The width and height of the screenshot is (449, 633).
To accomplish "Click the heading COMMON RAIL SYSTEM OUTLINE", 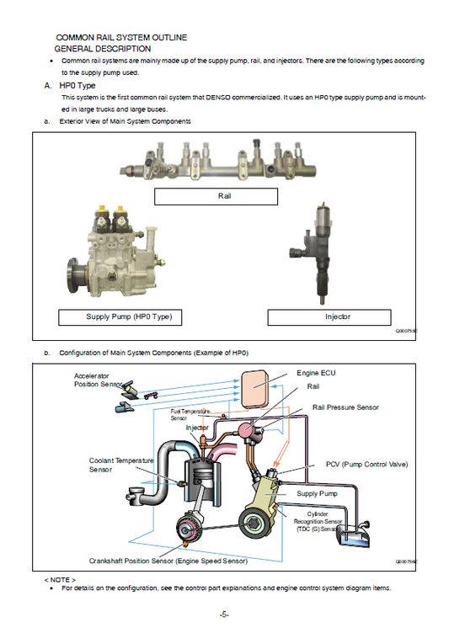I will [121, 38].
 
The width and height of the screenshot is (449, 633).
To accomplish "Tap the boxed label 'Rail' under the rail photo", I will [216, 196].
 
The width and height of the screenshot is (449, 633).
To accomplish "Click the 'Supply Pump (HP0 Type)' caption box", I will [121, 317].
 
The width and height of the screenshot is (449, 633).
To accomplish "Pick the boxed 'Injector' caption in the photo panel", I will [329, 317].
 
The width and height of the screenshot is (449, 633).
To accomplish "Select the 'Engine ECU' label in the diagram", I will [317, 372].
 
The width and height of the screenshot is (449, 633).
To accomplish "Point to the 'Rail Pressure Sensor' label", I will [345, 407].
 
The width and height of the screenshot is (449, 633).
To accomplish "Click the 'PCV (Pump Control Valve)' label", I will [366, 465].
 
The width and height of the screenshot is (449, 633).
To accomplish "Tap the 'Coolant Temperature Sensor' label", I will [121, 465].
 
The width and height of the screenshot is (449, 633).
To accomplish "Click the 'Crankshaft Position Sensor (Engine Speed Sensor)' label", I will [168, 560].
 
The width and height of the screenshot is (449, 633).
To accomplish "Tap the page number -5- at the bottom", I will [224, 614].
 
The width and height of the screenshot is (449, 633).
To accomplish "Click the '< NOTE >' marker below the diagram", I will [60, 580].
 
